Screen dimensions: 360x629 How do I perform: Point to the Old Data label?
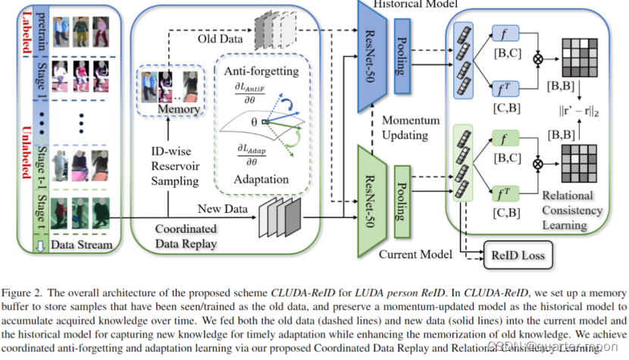point(220,38)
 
